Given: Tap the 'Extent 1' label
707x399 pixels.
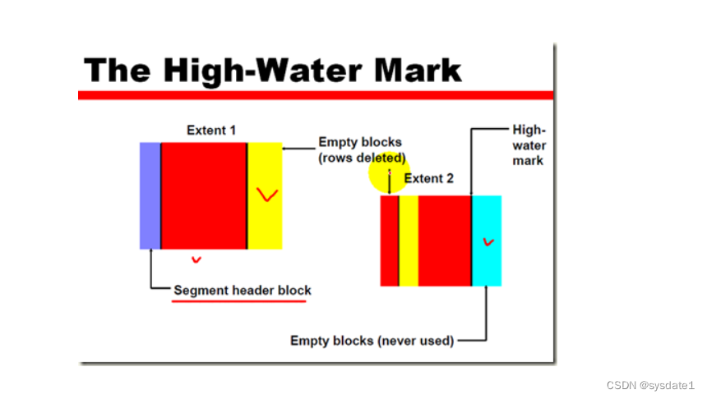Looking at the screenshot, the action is coord(211,130).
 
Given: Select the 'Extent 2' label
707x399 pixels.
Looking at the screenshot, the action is coord(428,178).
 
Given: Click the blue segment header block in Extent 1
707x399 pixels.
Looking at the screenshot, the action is coord(150,195).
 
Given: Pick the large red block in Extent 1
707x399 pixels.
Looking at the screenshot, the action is coord(204,195).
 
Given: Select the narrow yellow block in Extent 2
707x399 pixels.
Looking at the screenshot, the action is coord(409,241).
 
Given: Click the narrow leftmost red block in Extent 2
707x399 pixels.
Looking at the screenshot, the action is coord(389,241).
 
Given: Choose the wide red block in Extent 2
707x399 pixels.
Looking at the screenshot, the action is coord(445,241).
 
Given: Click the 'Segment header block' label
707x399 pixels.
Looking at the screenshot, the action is coord(243,291).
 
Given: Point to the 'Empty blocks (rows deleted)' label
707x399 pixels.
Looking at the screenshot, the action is coord(362,149).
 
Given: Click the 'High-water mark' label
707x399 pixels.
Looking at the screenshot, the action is coord(528,145).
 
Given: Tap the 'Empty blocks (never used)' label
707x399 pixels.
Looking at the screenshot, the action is coord(372,341).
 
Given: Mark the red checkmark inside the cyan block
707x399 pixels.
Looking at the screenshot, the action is coord(489,241).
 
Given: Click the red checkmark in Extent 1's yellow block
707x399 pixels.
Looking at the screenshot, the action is coord(266,195).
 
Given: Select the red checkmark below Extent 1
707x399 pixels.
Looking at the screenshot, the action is coord(196,260).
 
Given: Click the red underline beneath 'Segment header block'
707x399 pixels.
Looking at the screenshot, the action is coord(238,301).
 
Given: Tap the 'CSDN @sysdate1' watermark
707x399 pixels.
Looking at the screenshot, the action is coord(650,385).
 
